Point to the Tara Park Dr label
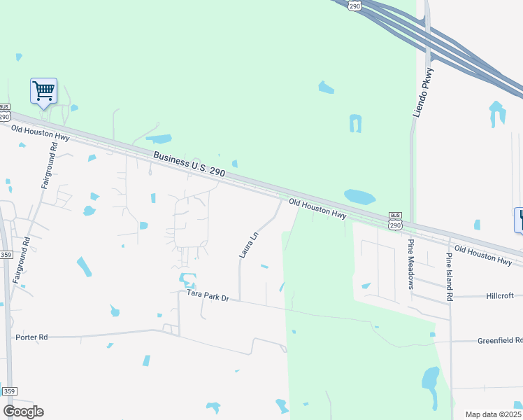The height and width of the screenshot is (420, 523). (208, 296)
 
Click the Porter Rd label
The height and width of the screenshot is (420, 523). (31, 337)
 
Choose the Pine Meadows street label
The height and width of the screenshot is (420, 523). (411, 264)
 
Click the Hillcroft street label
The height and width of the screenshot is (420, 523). (499, 296)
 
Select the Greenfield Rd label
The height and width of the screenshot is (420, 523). (499, 341)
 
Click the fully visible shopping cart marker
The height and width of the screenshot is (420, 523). (43, 91)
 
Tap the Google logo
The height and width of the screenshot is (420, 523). (23, 411)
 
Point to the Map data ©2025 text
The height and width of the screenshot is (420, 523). (494, 414)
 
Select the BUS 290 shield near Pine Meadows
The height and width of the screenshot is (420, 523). (396, 221)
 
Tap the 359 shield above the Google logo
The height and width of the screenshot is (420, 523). (8, 391)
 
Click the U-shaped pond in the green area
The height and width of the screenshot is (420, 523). (355, 123)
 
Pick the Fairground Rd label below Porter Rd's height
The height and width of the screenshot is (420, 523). (26, 260)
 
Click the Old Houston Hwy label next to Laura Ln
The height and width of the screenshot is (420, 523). (318, 209)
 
